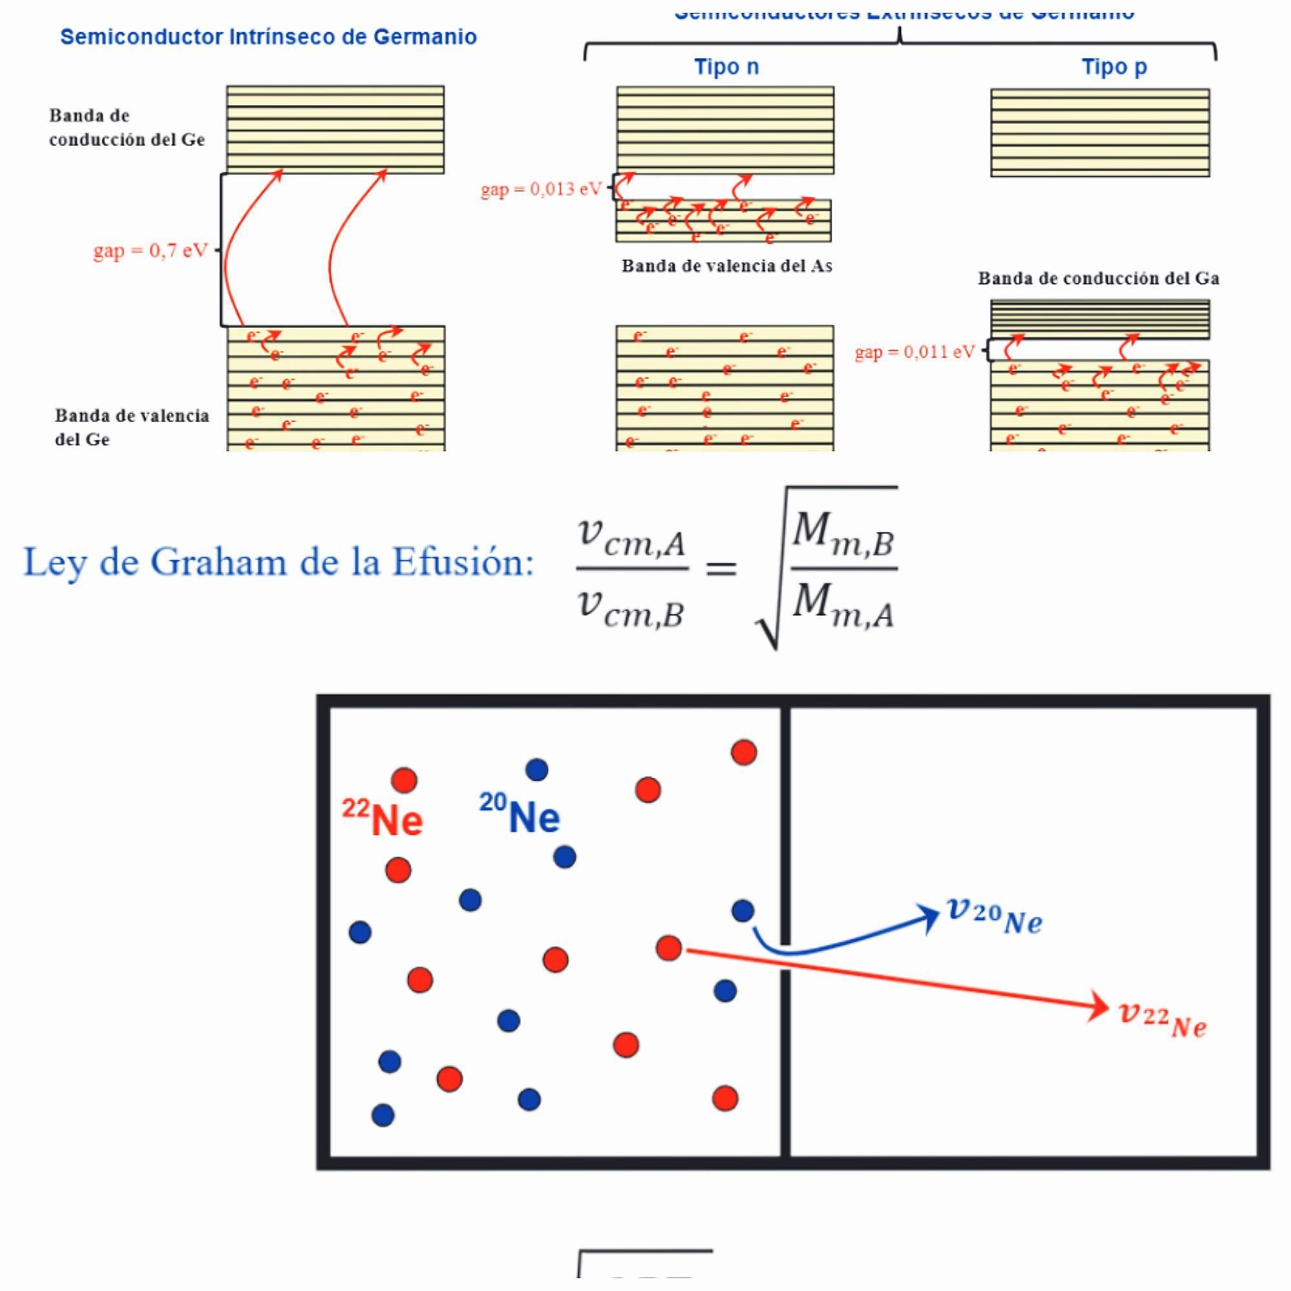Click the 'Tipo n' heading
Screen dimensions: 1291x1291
[726, 67]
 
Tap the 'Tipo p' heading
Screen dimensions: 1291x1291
[1114, 67]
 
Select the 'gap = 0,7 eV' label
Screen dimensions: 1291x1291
[150, 250]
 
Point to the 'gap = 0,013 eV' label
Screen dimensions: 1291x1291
[542, 189]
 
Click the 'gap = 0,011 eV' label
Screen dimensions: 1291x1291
[915, 352]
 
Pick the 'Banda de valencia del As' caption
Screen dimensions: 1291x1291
[727, 266]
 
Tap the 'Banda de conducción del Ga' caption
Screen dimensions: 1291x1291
[1099, 278]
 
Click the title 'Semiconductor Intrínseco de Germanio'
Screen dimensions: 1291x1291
[269, 37]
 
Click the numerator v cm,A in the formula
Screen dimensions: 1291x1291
[631, 538]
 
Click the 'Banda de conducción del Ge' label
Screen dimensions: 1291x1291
[127, 128]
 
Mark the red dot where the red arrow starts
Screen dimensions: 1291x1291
[669, 948]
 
